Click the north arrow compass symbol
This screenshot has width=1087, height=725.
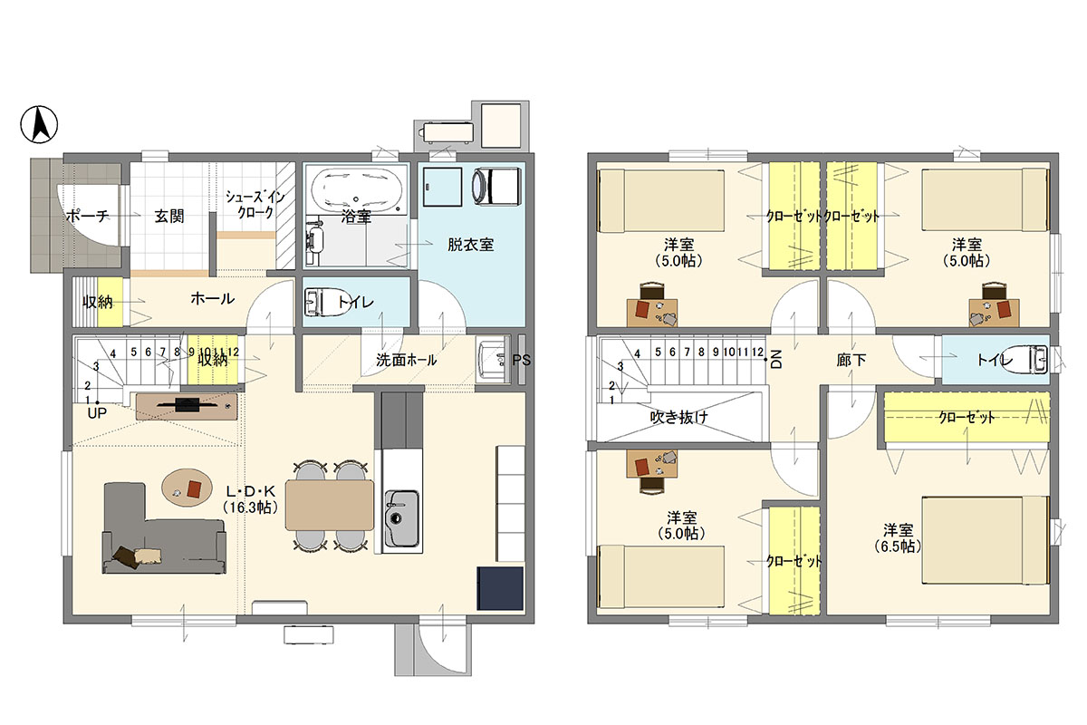click(39, 124)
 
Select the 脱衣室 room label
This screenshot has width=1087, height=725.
click(470, 245)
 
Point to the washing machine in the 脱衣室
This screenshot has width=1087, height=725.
click(496, 186)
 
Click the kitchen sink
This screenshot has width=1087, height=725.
click(402, 518)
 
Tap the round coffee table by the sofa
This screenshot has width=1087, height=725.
click(187, 488)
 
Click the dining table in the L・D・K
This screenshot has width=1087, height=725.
click(330, 505)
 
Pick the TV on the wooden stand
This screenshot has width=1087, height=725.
click(188, 404)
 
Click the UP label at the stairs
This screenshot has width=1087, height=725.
click(97, 413)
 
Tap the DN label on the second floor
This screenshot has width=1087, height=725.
click(775, 360)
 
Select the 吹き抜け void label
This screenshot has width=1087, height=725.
click(678, 417)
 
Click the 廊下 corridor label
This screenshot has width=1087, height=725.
click(851, 360)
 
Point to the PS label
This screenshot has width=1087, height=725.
click(521, 361)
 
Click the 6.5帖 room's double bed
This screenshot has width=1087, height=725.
click(985, 539)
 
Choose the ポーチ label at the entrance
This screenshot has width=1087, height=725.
click(87, 215)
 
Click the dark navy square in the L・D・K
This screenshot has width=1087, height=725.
click(500, 588)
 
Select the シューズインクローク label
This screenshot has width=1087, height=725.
click(255, 205)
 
